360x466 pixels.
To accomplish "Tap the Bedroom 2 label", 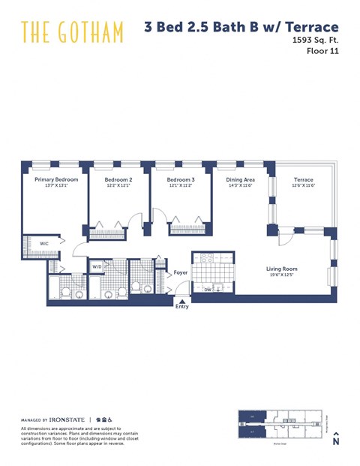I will [118, 180].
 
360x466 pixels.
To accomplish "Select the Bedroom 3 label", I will [181, 180].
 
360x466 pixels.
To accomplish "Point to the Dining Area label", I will [241, 180].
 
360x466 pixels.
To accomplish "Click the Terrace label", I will [304, 180].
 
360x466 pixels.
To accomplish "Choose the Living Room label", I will [282, 269].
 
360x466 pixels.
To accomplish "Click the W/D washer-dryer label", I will [97, 266].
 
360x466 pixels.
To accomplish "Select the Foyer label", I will [181, 272].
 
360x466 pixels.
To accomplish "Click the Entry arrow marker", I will [182, 301].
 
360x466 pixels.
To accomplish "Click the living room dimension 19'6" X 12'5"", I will [282, 275].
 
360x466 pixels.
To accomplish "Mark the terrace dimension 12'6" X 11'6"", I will [304, 186].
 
